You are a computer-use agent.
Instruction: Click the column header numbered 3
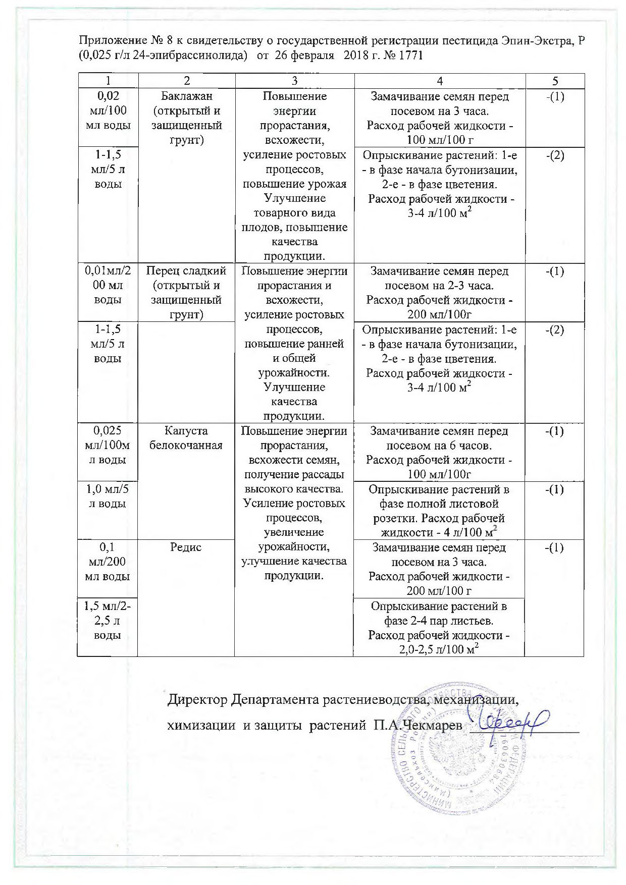coord(294,81)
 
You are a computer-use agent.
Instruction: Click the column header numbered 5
coord(555,81)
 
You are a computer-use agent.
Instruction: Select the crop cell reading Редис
coord(186,547)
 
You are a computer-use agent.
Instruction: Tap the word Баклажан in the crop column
coord(186,96)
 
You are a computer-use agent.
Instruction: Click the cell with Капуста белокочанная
coord(186,438)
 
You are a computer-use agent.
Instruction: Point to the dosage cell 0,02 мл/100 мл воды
coord(107,110)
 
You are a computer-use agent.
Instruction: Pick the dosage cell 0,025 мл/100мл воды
coord(107,446)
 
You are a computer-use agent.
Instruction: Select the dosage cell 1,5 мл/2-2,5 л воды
coord(107,621)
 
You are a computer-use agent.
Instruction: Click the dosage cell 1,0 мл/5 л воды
coord(107,496)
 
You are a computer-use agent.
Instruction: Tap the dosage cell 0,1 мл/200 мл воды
coord(107,562)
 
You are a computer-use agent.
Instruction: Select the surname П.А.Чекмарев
coord(418,726)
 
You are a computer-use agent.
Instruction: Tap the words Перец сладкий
coord(186,271)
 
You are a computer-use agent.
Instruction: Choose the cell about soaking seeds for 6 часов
coord(440,453)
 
